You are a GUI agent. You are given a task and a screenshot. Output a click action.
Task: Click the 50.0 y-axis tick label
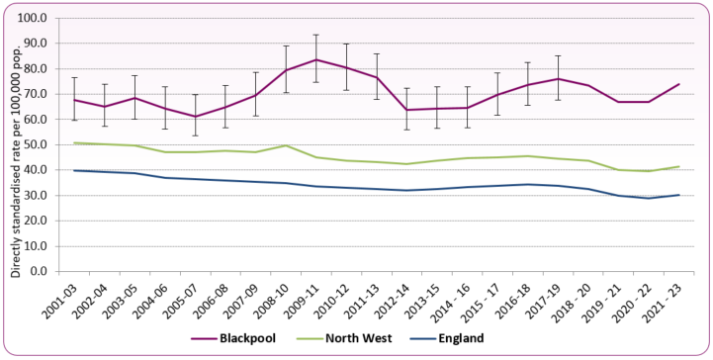[x=35, y=144]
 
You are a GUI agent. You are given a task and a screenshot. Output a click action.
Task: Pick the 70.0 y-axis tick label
[x=35, y=94]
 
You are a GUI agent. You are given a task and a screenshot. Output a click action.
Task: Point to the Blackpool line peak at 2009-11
[x=315, y=59]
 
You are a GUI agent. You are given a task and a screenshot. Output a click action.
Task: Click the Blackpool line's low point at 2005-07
[x=196, y=116]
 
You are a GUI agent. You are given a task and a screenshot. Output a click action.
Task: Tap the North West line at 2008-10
[x=286, y=145]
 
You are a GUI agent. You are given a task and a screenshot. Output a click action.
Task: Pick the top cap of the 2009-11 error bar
[x=315, y=35]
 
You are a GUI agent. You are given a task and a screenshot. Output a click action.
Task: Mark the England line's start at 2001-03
[x=75, y=170]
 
